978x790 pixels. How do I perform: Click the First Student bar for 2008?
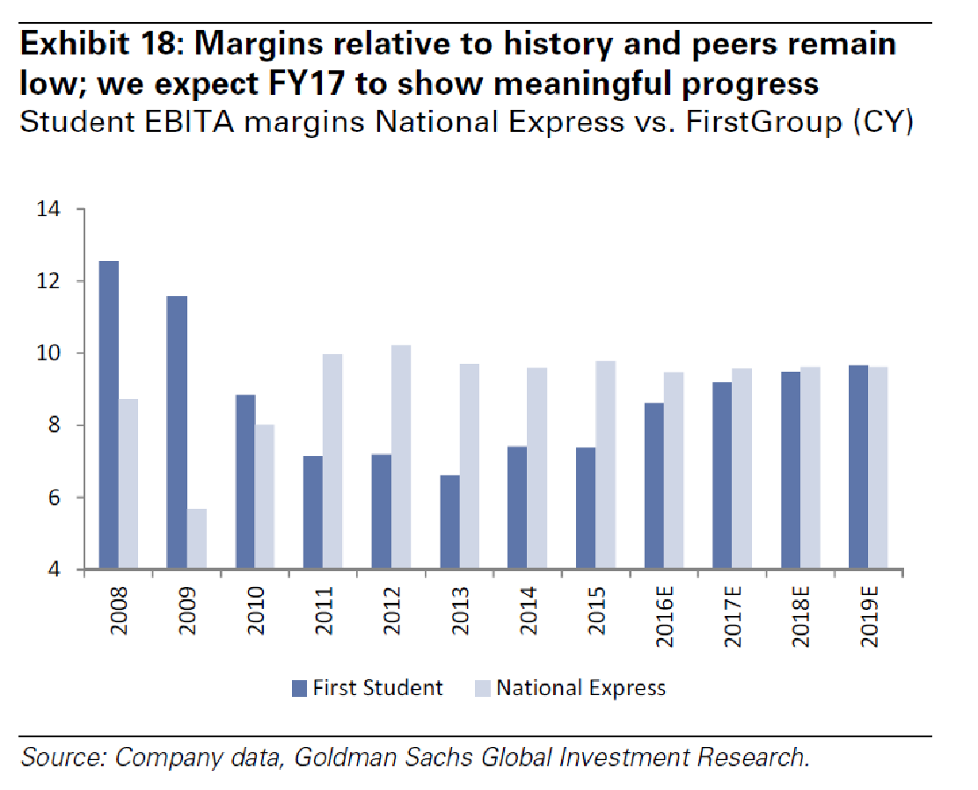108,415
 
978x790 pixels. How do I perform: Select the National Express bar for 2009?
196,539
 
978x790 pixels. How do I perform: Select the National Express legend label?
581,687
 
